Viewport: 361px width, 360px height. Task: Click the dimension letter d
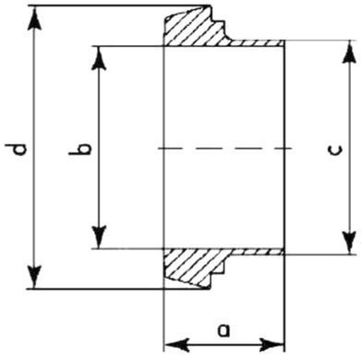point(19,149)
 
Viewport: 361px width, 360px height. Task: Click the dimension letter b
point(79,149)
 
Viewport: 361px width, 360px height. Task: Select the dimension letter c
point(334,150)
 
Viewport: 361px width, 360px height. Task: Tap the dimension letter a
point(223,330)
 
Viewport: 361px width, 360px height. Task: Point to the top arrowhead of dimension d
point(34,19)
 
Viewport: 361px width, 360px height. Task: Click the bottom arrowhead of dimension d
point(34,276)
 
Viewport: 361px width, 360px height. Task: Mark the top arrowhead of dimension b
point(99,58)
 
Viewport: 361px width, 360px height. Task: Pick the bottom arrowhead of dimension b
point(99,236)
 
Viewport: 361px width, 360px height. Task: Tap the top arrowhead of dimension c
point(349,53)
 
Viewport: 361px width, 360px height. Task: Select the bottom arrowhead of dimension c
point(349,242)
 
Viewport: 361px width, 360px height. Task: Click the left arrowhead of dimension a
point(177,345)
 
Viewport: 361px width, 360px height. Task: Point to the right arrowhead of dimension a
point(271,345)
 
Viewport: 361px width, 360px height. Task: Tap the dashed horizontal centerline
point(224,149)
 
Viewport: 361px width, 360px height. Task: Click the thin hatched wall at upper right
point(257,43)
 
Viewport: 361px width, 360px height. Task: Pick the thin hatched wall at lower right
point(257,252)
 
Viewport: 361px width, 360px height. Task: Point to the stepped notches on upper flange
point(219,22)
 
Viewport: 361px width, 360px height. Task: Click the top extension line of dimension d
point(121,6)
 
